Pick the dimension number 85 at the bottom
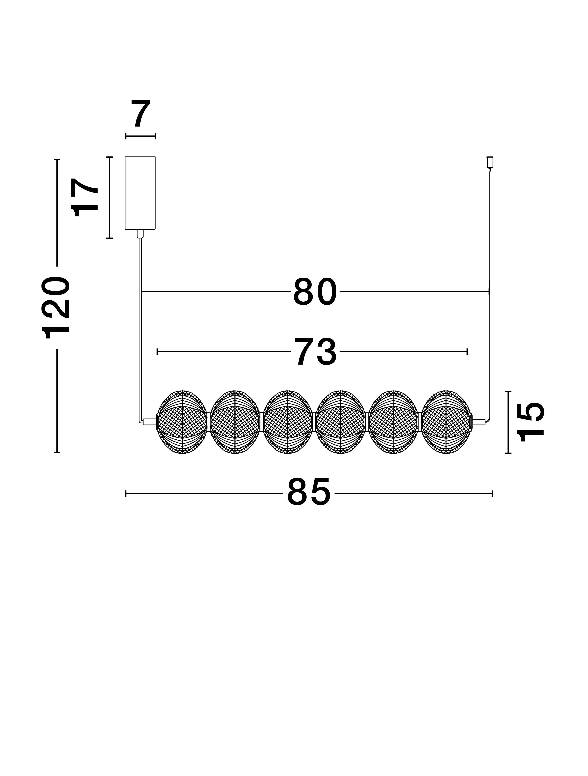click(309, 492)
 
